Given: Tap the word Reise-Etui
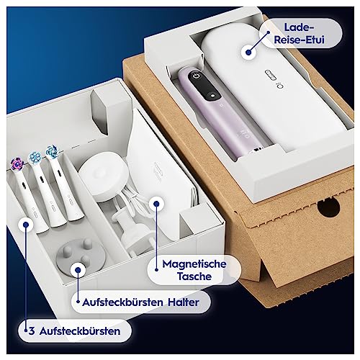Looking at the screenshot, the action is coord(299,40).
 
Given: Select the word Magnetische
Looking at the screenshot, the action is coord(194,264).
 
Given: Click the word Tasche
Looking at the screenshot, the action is coord(194,276).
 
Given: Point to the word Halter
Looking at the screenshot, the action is coord(184,302).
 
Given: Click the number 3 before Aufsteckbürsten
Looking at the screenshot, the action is coord(32,331).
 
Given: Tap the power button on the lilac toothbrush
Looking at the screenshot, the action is coord(197,76).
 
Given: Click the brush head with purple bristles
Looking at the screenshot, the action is coord(17,163).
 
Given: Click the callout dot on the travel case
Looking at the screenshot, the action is coord(248,52).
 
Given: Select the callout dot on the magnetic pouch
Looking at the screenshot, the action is coord(156,204).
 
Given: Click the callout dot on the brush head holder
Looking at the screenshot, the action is coord(78,270).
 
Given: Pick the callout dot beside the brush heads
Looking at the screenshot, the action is coord(26,225).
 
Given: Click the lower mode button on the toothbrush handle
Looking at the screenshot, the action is coord(212,95).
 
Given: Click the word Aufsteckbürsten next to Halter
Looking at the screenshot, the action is coord(122,302).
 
